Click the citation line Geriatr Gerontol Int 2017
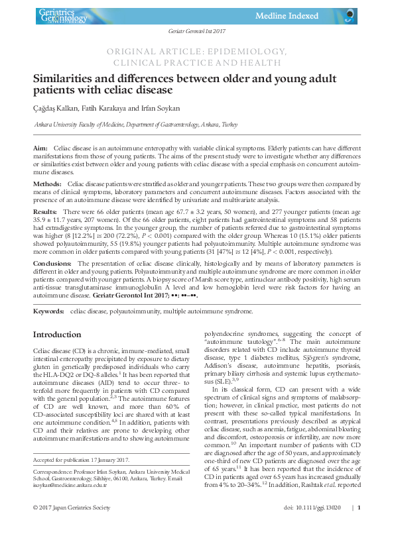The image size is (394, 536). coord(196,32)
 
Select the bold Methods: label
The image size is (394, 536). coord(48,182)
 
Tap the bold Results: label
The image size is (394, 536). coord(45,211)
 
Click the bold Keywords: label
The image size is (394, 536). coord(49,310)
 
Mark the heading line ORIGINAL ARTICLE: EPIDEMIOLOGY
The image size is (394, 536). coord(196,50)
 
